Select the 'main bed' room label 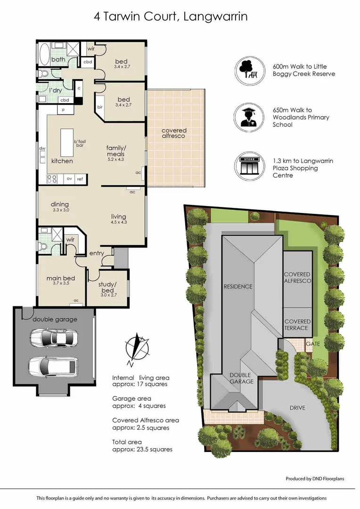[x=60, y=278]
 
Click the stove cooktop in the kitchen [x=53, y=179]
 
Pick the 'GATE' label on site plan [x=313, y=344]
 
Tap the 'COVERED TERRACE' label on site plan [x=297, y=325]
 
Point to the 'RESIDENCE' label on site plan [x=238, y=287]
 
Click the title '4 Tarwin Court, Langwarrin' [x=171, y=17]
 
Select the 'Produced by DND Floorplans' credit [x=315, y=479]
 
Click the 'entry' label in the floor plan [x=97, y=254]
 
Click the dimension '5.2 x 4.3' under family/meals [x=115, y=160]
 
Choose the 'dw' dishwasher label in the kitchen [x=42, y=148]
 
